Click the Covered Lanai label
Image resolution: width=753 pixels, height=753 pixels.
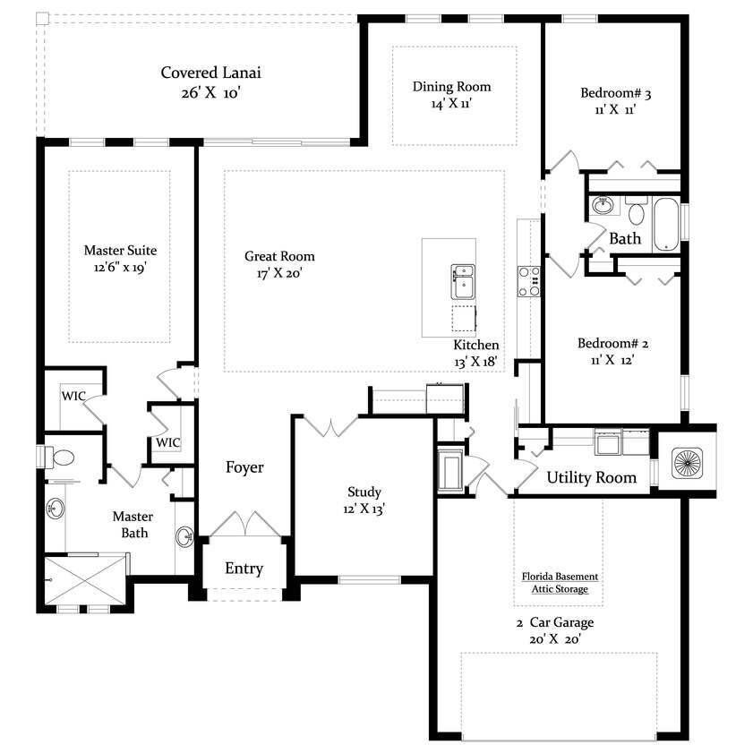(x=210, y=73)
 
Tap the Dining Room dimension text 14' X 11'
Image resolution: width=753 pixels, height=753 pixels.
(x=451, y=103)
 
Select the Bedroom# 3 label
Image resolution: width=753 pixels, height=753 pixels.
(x=616, y=93)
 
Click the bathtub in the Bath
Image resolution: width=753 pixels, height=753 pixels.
(x=666, y=224)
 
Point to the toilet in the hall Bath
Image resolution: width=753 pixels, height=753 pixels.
(x=637, y=210)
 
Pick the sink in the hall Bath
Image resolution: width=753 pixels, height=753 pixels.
(x=603, y=206)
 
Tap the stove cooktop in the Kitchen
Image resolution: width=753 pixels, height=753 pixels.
(x=529, y=282)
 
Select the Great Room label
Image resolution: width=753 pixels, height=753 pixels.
(x=279, y=256)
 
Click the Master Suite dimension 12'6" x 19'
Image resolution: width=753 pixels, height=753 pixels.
(x=120, y=268)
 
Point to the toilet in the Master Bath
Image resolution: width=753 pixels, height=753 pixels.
(x=58, y=458)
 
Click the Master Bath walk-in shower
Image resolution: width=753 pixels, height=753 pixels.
(x=86, y=579)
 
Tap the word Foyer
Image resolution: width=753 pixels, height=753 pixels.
(x=244, y=467)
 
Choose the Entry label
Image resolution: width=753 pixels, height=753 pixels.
(x=244, y=569)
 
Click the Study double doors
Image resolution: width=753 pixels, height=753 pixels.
(x=331, y=427)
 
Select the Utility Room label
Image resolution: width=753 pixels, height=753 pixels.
(x=592, y=477)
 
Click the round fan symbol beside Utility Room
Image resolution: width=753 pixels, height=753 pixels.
(x=688, y=463)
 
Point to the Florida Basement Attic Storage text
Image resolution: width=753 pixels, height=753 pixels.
(x=560, y=583)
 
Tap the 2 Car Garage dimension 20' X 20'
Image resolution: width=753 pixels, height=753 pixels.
(x=555, y=639)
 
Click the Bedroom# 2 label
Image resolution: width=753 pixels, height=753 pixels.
(x=612, y=343)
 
